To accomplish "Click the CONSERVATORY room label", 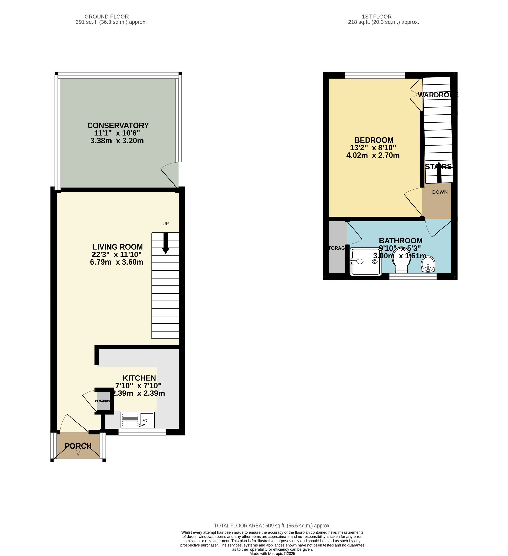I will [118, 126].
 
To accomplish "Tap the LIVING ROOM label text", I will [118, 247].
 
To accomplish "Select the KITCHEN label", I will [139, 378].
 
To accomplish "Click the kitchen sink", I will [138, 420].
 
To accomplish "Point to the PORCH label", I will [78, 446].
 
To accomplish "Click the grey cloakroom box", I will [103, 401].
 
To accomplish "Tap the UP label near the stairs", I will [165, 224].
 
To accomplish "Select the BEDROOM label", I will [374, 140].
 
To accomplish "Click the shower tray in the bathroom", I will [365, 261].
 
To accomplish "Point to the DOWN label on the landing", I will [440, 192].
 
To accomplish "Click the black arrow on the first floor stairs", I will [439, 173].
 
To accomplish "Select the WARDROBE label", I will [438, 95].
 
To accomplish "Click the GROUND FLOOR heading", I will [106, 17].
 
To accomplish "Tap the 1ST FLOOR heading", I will [376, 17].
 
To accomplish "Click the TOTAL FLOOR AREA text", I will [272, 526].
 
